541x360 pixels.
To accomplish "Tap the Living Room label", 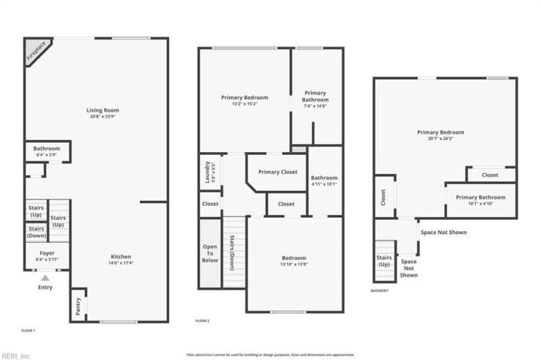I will tap(102, 110).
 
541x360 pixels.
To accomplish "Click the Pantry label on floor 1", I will tap(78, 307).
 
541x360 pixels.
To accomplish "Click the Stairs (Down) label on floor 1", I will tap(36, 231).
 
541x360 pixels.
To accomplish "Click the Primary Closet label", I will tap(277, 172).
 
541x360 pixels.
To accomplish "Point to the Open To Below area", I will tap(210, 252).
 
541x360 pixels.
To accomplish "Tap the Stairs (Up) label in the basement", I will tap(383, 261).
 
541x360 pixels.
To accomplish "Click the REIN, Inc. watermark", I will tap(16, 355).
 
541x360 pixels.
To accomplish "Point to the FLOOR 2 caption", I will tap(202, 320).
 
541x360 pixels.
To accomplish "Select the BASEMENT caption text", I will tap(380, 291).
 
